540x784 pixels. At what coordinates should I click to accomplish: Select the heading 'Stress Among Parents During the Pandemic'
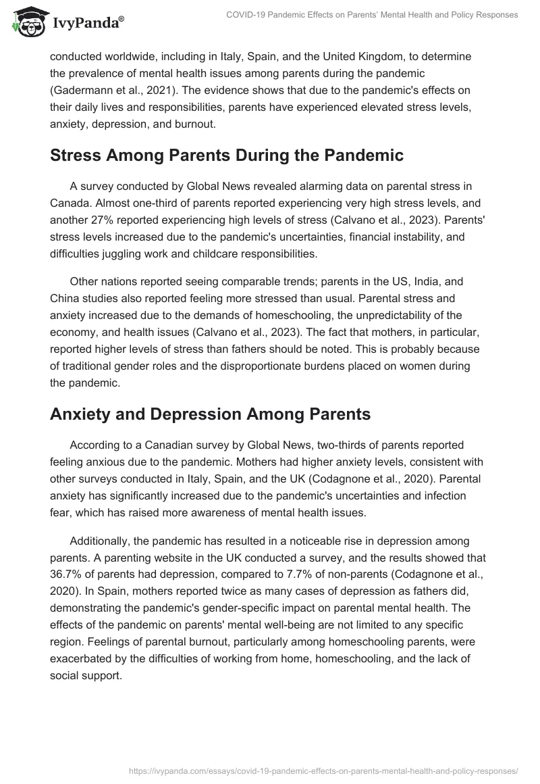click(x=226, y=155)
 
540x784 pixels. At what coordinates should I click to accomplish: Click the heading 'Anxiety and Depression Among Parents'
click(x=210, y=414)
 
